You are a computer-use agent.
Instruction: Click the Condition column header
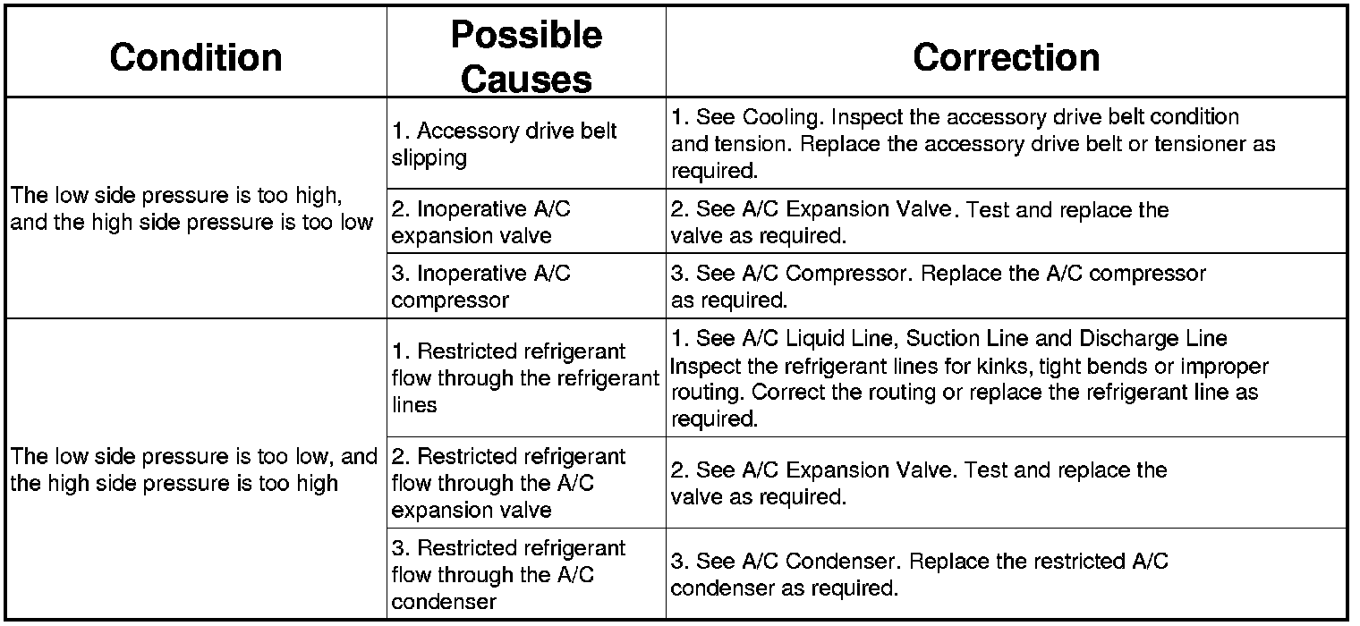[x=196, y=57]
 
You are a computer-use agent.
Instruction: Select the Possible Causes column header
[x=526, y=56]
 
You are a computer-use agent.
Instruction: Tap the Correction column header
[x=1006, y=57]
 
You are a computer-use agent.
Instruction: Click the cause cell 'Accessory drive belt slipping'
[x=504, y=144]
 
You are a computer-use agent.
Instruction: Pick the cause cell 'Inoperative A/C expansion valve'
[x=480, y=222]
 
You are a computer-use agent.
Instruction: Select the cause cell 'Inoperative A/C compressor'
[x=480, y=286]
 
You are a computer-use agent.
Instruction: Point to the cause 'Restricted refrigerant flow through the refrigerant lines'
[x=524, y=377]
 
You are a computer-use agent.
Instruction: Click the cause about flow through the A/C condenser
[x=508, y=574]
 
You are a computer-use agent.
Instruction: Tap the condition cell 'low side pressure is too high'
[x=191, y=207]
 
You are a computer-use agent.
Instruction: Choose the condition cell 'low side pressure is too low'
[x=194, y=469]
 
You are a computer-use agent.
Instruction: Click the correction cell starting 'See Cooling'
[x=973, y=143]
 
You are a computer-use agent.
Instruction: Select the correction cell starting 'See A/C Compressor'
[x=938, y=286]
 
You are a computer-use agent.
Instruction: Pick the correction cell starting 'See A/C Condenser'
[x=919, y=574]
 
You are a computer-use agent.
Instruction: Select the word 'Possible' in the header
[x=526, y=35]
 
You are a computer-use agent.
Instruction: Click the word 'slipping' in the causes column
[x=429, y=158]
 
